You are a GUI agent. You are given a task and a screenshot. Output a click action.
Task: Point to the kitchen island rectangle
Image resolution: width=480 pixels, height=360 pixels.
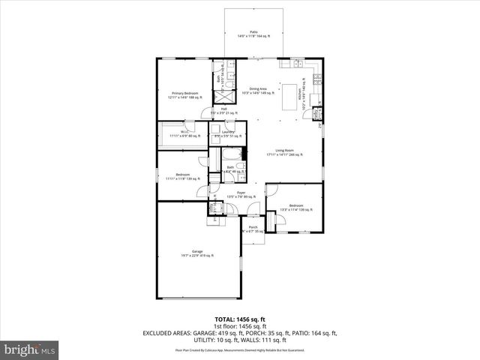(x=289, y=96)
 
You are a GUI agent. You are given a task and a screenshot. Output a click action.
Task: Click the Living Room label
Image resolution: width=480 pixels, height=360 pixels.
(x=284, y=152)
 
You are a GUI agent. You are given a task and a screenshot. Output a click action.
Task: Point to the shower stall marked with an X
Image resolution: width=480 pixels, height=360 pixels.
(x=224, y=96)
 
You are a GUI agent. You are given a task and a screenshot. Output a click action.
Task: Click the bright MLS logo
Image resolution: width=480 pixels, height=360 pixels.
(x=30, y=349)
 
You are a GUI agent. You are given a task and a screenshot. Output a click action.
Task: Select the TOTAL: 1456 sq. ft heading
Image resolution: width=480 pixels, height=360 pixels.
(x=240, y=319)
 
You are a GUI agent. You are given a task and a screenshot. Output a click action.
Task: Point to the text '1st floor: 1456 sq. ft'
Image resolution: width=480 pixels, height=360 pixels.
(x=240, y=326)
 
